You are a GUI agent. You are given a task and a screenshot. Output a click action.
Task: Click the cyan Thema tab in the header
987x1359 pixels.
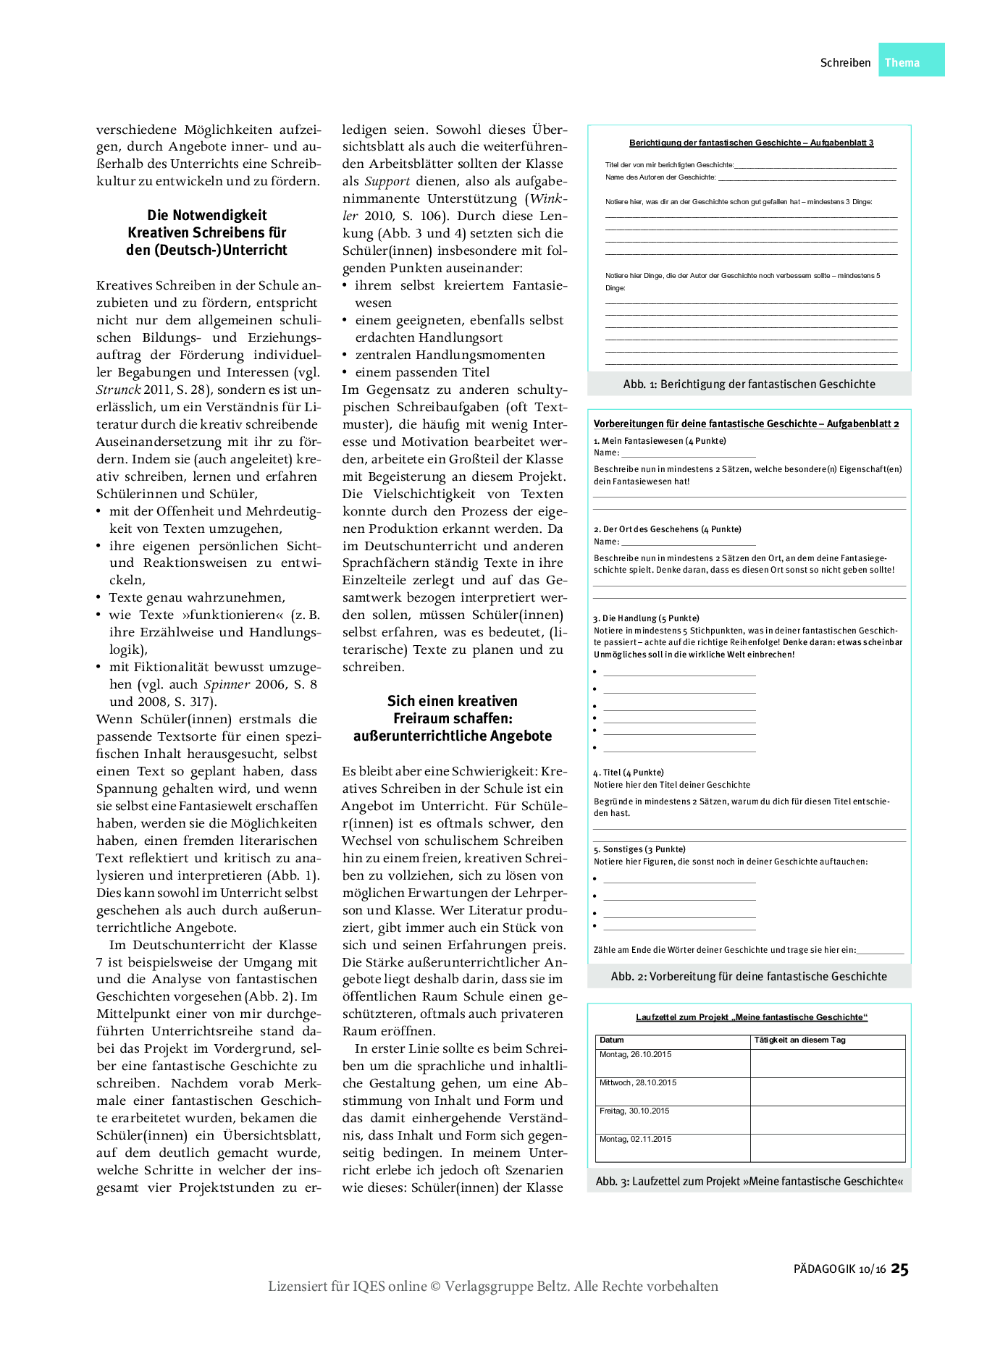(x=910, y=61)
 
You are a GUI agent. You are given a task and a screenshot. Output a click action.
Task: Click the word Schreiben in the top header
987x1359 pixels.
(x=845, y=63)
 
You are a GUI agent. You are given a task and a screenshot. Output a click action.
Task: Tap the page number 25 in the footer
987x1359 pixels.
(x=899, y=1268)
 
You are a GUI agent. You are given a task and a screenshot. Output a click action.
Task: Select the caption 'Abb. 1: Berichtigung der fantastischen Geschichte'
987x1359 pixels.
(x=749, y=384)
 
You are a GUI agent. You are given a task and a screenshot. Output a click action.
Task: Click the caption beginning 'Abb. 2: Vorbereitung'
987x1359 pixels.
(x=749, y=977)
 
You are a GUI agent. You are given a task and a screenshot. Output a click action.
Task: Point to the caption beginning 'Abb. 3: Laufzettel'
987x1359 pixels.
(x=749, y=1182)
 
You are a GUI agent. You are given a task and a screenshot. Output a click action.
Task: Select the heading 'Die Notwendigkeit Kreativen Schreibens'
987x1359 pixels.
(x=207, y=232)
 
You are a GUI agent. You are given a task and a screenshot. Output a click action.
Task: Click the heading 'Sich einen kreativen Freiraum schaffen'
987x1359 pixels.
(x=452, y=718)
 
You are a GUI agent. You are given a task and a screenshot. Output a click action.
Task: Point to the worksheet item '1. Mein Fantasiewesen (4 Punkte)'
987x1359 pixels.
(x=660, y=441)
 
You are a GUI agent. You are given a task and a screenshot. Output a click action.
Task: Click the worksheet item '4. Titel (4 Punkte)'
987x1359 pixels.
(x=629, y=773)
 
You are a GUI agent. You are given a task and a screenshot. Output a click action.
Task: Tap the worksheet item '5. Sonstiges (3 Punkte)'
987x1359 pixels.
(x=639, y=849)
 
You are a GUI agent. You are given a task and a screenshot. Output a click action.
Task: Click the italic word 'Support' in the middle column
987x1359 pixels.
(x=387, y=182)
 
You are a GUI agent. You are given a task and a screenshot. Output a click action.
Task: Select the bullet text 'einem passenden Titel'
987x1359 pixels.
(x=422, y=372)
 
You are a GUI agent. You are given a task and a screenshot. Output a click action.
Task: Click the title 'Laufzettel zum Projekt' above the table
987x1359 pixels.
(x=751, y=1017)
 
